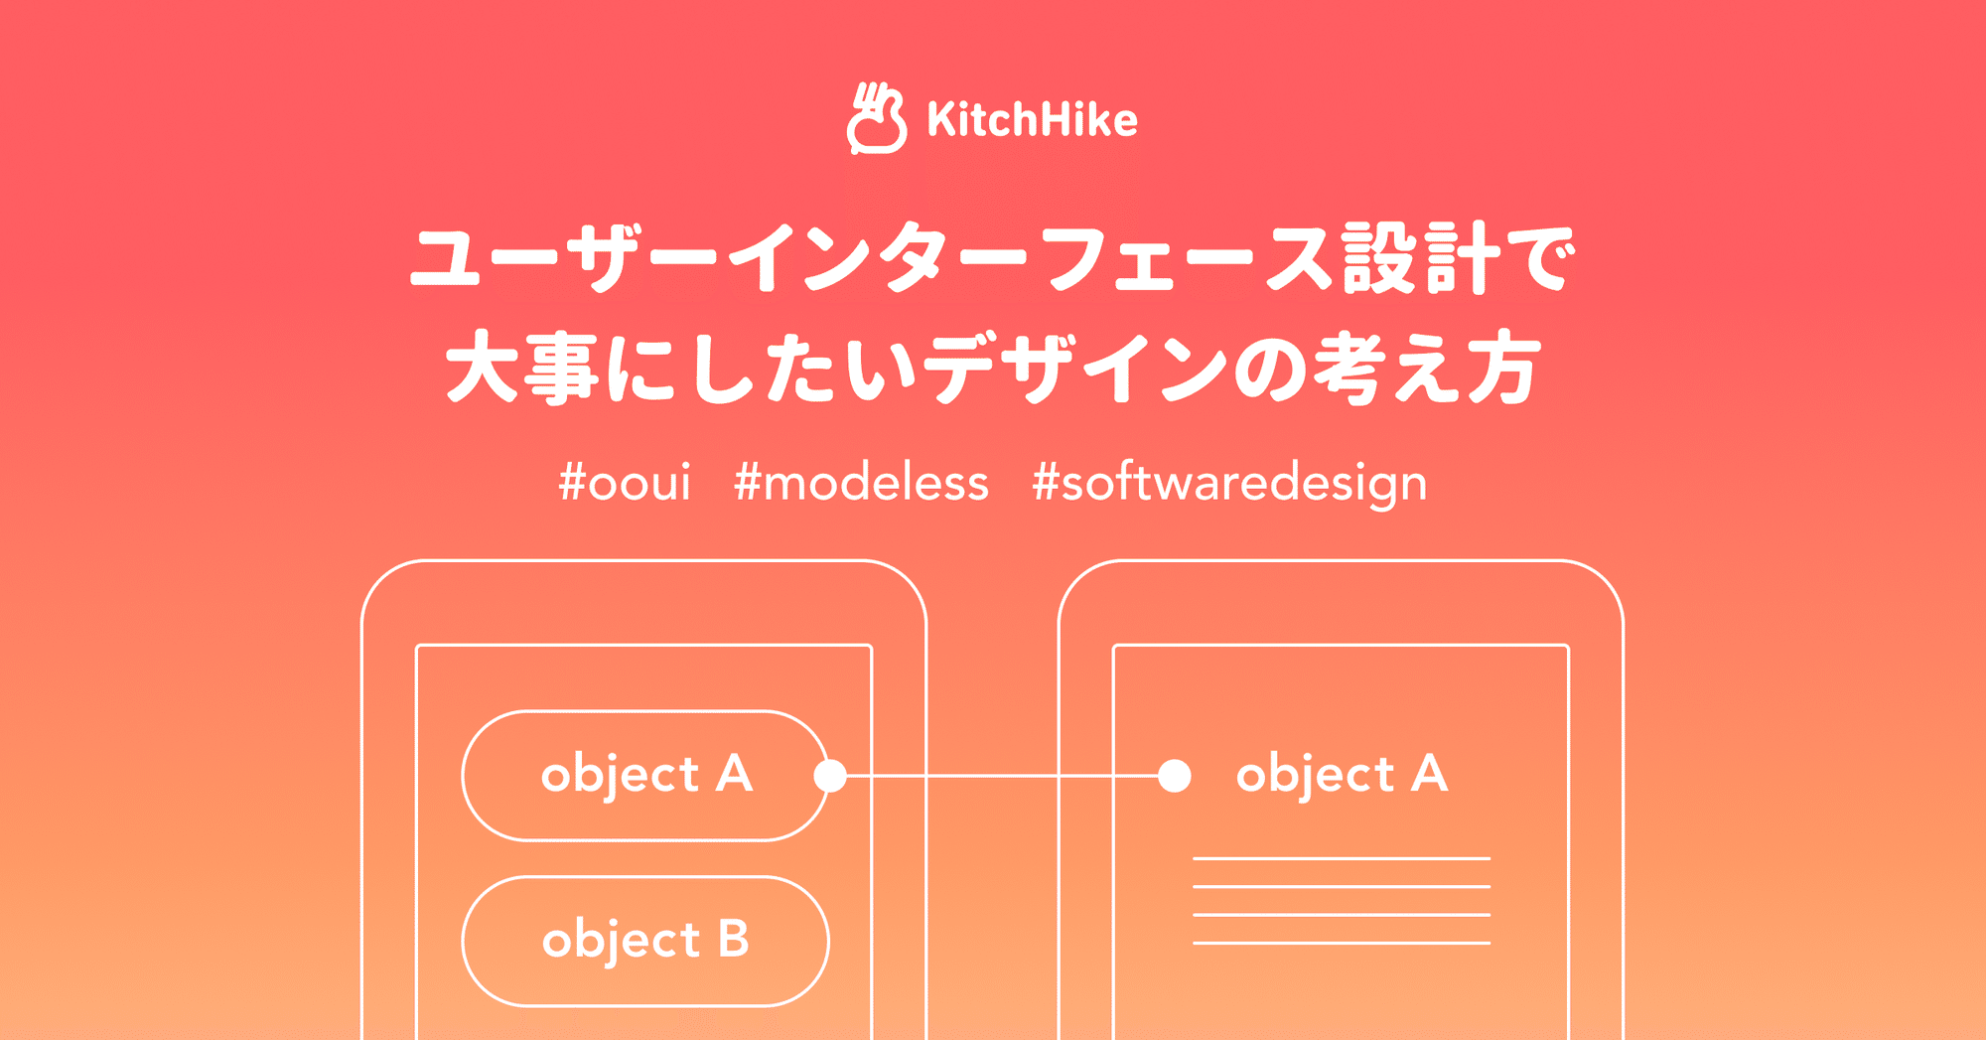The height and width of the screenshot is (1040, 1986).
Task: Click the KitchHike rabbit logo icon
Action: click(x=876, y=119)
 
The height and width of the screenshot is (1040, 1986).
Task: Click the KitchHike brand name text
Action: click(x=1032, y=120)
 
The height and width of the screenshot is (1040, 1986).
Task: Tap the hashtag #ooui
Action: click(x=625, y=483)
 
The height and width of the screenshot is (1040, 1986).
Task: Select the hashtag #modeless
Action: click(x=861, y=483)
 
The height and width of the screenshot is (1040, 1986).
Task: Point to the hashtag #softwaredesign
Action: click(x=1229, y=484)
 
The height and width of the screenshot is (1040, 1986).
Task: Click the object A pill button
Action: click(x=645, y=775)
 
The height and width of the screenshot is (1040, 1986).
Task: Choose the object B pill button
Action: click(x=645, y=940)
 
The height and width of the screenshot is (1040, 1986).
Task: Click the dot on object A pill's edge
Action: click(x=830, y=775)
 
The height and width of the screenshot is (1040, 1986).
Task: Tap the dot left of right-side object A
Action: click(x=1175, y=775)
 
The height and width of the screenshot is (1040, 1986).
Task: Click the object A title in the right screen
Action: click(x=1342, y=774)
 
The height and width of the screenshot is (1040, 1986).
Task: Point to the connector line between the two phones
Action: click(x=993, y=775)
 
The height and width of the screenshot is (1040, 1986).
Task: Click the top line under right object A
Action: click(x=1341, y=858)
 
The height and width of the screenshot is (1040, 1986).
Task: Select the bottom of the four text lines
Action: click(x=1341, y=943)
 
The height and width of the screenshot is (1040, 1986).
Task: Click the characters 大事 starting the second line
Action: click(x=522, y=370)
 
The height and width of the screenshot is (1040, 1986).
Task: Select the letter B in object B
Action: click(x=733, y=939)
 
